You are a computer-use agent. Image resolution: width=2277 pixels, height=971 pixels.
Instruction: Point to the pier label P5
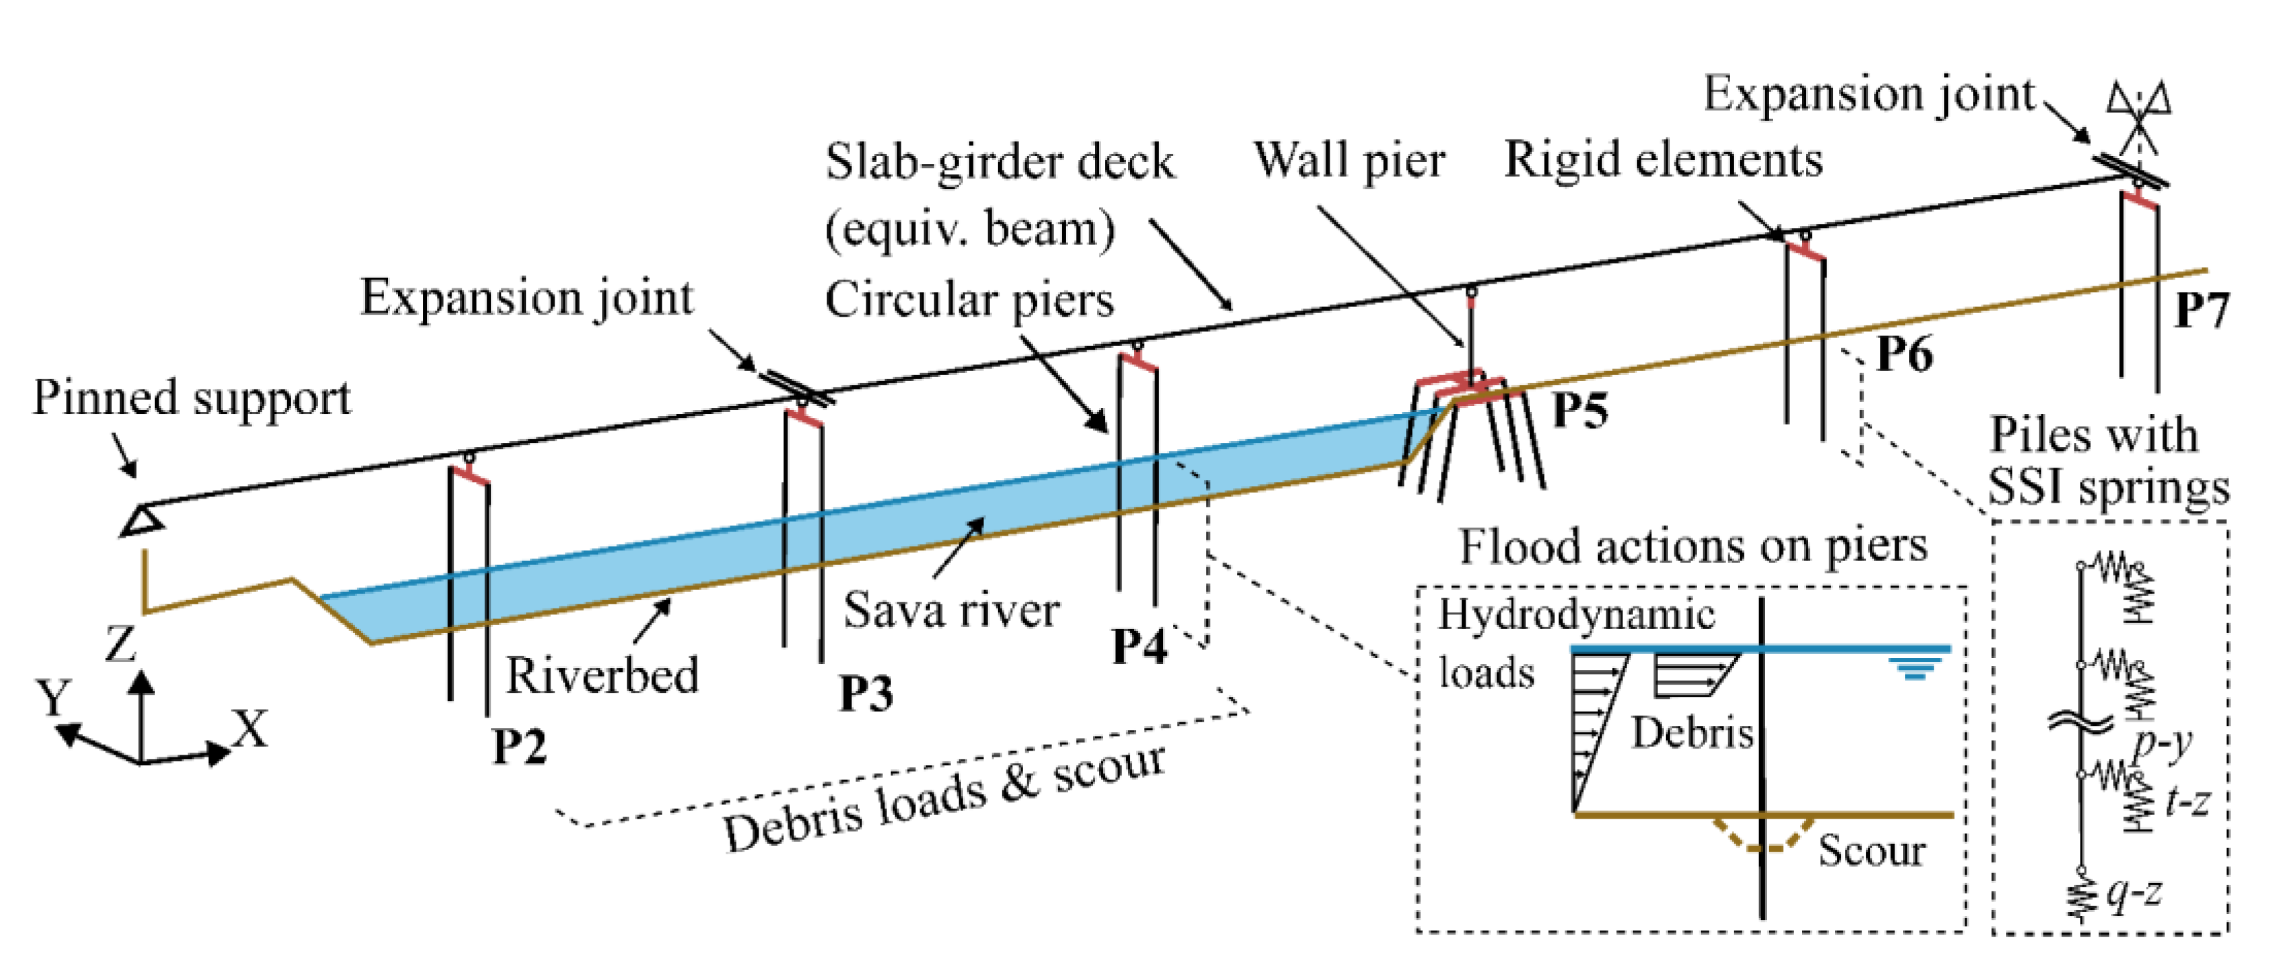[x=1580, y=409]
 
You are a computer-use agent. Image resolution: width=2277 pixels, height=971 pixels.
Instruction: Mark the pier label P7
[x=2201, y=310]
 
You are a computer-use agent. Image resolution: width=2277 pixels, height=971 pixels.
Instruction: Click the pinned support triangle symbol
[x=142, y=520]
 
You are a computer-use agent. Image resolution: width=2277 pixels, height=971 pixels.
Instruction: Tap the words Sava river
[x=951, y=610]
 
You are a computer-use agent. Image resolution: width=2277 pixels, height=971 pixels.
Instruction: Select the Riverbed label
[x=601, y=676]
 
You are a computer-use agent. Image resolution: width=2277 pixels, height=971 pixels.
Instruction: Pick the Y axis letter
[x=53, y=698]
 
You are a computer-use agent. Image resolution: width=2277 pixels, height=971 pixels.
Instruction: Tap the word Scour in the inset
[x=1871, y=851]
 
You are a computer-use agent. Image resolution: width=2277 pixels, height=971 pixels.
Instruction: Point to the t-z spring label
[x=2188, y=801]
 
